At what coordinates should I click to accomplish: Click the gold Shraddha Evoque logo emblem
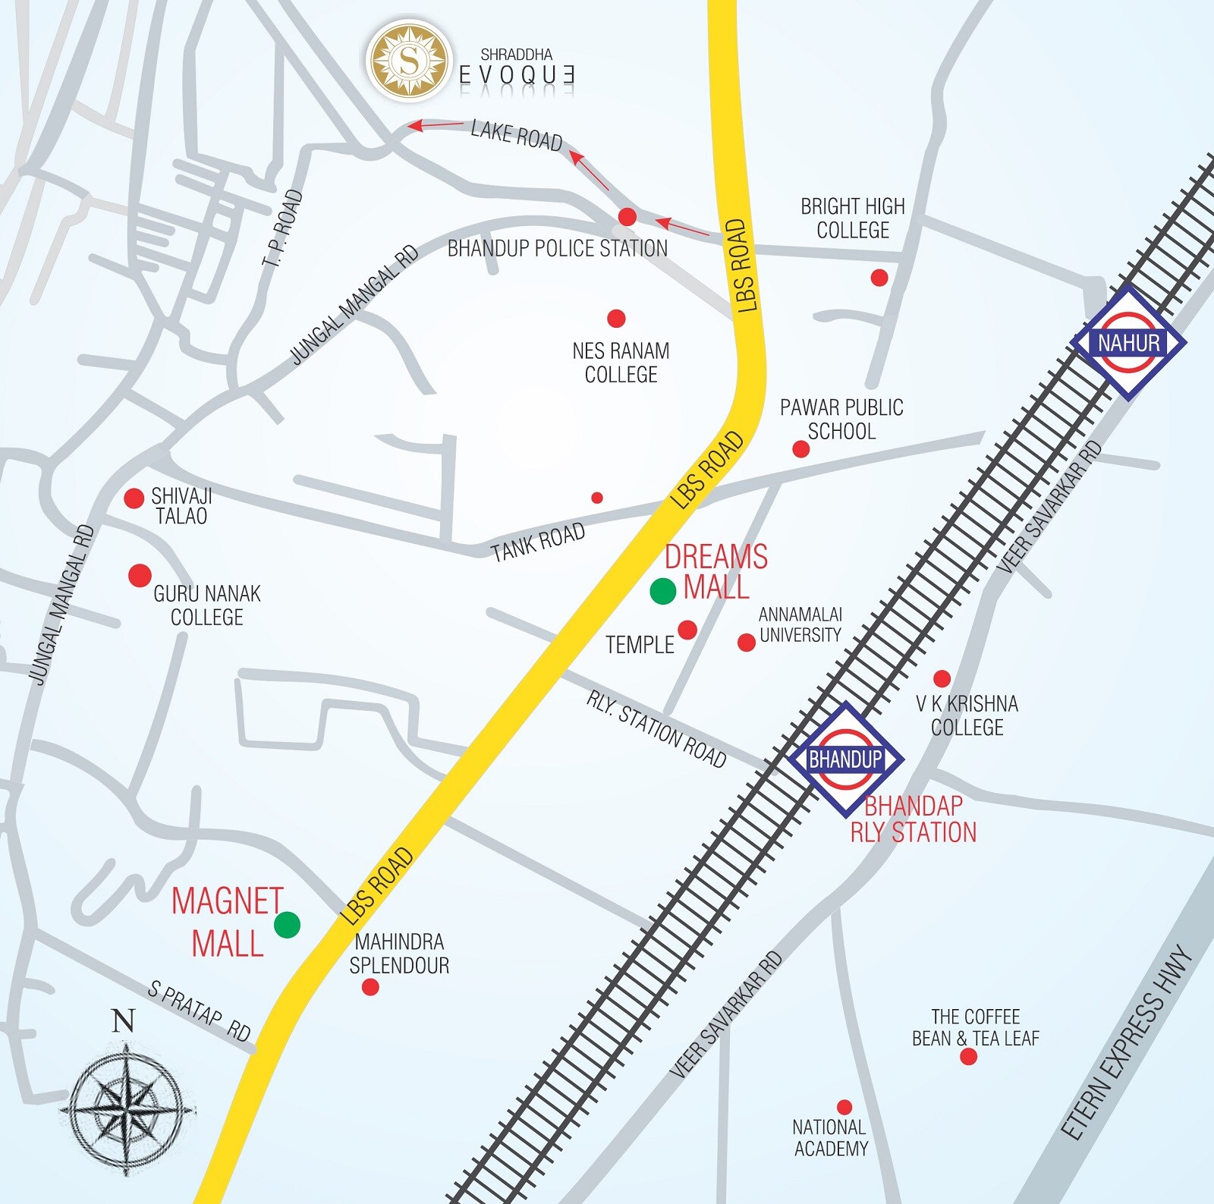[x=408, y=61]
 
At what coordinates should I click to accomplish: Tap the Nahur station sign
[x=1128, y=343]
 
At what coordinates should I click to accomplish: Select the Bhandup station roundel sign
[x=845, y=759]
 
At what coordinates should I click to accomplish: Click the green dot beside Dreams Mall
[x=662, y=590]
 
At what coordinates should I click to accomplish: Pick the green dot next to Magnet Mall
[x=287, y=924]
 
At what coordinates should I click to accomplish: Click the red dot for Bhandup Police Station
[x=627, y=217]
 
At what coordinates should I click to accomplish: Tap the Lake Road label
[x=516, y=135]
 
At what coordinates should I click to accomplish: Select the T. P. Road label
[x=282, y=228]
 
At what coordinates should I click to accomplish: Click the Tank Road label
[x=538, y=542]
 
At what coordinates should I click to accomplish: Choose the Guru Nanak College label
[x=207, y=605]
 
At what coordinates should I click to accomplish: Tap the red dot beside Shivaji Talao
[x=134, y=498]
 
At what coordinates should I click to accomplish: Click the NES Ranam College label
[x=621, y=363]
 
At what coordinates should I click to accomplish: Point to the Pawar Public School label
[x=841, y=419]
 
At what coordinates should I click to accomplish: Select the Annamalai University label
[x=800, y=624]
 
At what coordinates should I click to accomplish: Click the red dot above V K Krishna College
[x=942, y=677]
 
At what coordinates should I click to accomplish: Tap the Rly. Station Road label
[x=656, y=729]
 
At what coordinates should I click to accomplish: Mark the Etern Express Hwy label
[x=1126, y=1042]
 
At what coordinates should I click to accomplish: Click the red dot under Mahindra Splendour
[x=370, y=986]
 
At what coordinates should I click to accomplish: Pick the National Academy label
[x=830, y=1138]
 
